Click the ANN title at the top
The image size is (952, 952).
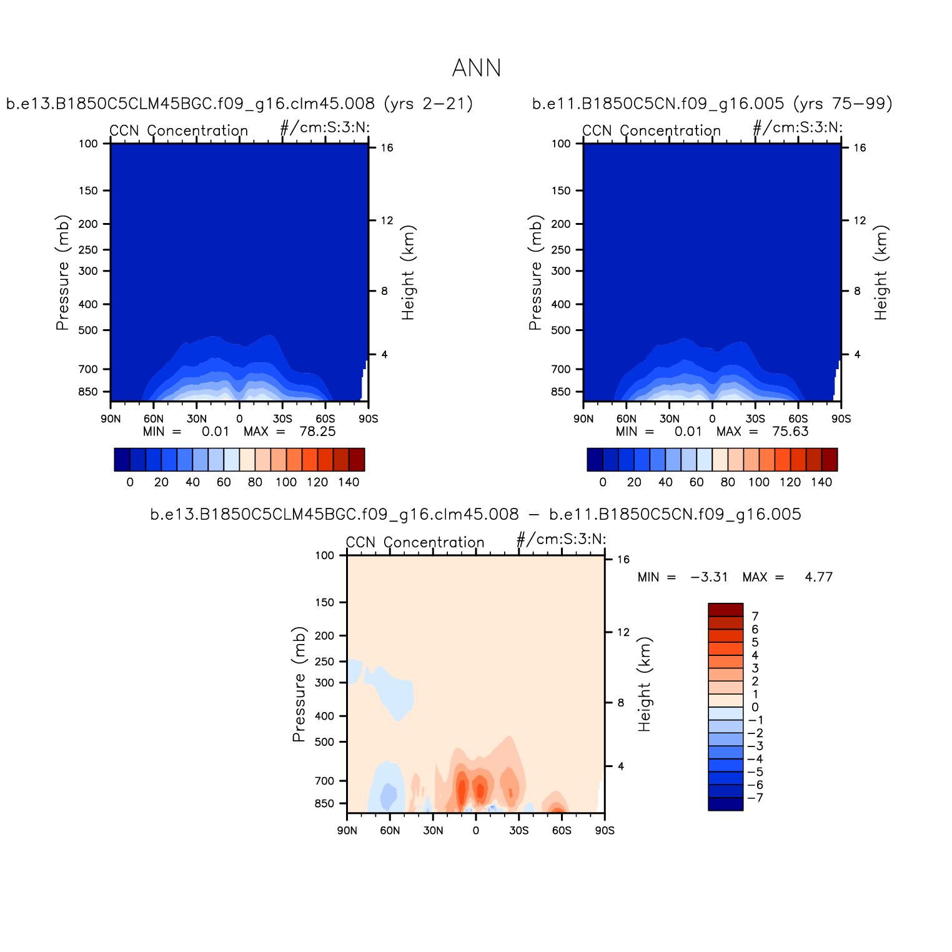(476, 68)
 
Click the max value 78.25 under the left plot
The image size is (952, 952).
(317, 432)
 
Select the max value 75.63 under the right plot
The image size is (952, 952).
(790, 432)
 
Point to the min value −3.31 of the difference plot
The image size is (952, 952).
(709, 577)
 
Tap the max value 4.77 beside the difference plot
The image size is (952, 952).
(818, 577)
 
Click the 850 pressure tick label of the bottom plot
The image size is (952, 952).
(324, 803)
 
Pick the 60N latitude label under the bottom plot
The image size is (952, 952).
(390, 831)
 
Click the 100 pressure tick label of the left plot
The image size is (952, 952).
(88, 144)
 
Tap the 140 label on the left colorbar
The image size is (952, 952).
(349, 482)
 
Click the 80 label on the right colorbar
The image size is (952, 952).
(728, 482)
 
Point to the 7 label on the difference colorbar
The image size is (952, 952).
(755, 617)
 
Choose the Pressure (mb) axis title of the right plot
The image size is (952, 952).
(535, 272)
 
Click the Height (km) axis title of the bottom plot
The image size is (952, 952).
(645, 684)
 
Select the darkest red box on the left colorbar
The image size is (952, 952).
(357, 459)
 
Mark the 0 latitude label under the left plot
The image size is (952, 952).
(239, 419)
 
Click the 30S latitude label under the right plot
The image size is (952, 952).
(755, 419)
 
